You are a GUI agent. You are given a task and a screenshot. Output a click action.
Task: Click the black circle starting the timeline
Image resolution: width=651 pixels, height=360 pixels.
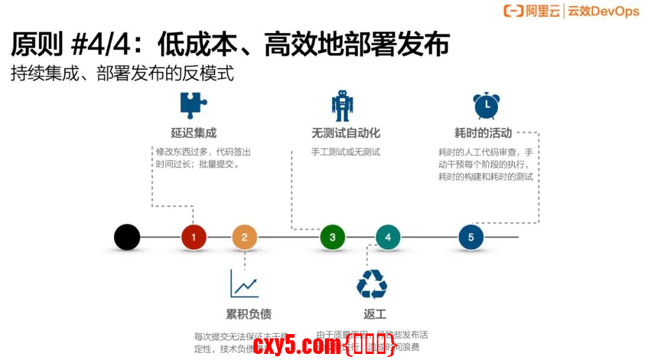tap(127, 237)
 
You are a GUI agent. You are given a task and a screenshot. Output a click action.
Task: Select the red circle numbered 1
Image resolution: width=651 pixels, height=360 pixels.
tap(193, 237)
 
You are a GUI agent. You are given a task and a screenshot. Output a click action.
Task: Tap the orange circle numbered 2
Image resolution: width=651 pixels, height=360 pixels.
tap(244, 237)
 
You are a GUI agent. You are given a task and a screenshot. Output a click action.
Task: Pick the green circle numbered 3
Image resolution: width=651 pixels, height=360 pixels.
tap(332, 237)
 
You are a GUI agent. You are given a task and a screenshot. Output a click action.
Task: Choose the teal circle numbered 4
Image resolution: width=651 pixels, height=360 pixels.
tap(388, 237)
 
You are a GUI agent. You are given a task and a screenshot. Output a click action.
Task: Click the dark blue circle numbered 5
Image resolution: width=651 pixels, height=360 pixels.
tap(471, 237)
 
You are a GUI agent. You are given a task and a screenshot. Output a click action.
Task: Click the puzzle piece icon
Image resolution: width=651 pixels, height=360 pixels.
tap(193, 105)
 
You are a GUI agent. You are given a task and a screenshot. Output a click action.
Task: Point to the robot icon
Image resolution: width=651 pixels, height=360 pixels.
tap(342, 106)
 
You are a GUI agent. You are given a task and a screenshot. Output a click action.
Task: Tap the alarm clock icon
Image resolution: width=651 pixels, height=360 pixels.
tap(485, 106)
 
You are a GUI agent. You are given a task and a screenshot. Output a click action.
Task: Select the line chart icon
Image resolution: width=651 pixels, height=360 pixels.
tap(244, 283)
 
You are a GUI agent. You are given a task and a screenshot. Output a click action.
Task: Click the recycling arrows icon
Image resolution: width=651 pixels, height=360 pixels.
tap(372, 284)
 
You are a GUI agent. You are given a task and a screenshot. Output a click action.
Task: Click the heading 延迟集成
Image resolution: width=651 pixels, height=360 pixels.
tap(193, 133)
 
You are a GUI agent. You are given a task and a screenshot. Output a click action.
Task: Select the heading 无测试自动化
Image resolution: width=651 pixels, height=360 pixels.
tap(345, 133)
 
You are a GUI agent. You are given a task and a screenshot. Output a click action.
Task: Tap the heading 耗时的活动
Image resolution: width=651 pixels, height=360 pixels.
tap(483, 133)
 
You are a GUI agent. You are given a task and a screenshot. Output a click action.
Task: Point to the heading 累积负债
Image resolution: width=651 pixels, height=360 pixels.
tap(248, 314)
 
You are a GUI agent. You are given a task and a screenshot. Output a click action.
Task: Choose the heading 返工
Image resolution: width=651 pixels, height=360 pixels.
tap(375, 314)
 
